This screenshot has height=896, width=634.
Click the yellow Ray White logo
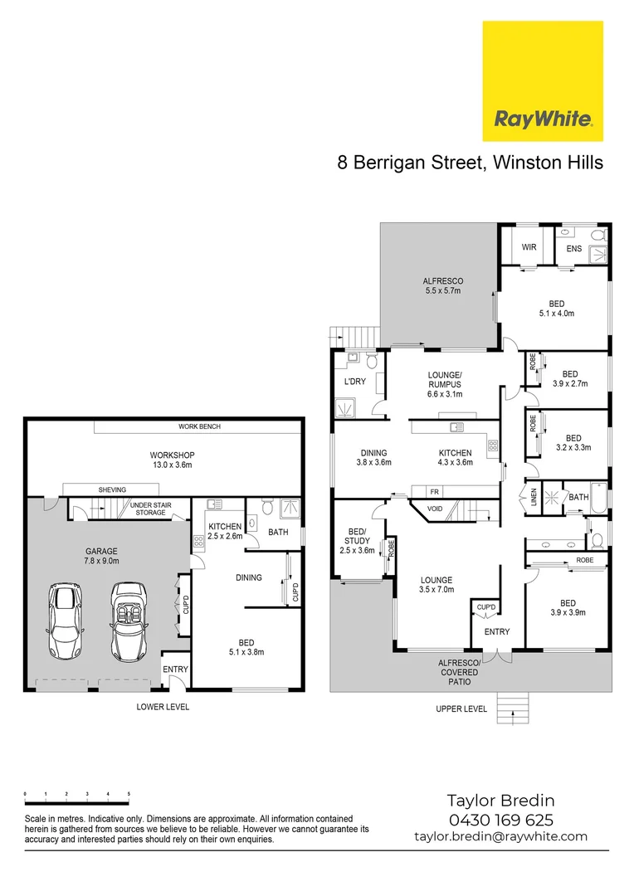click(543, 81)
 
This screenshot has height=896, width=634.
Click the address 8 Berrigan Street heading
click(470, 163)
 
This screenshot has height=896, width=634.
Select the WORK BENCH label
click(199, 426)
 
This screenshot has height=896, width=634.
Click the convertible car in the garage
click(128, 621)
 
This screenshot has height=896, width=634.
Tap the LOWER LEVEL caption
click(163, 707)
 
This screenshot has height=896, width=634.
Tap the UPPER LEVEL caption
click(461, 709)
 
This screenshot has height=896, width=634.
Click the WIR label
click(529, 247)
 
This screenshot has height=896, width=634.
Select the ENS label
click(573, 247)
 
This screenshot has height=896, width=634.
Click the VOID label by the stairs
click(435, 509)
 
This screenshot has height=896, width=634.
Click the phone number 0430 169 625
click(500, 820)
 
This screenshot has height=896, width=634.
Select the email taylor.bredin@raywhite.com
click(500, 837)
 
